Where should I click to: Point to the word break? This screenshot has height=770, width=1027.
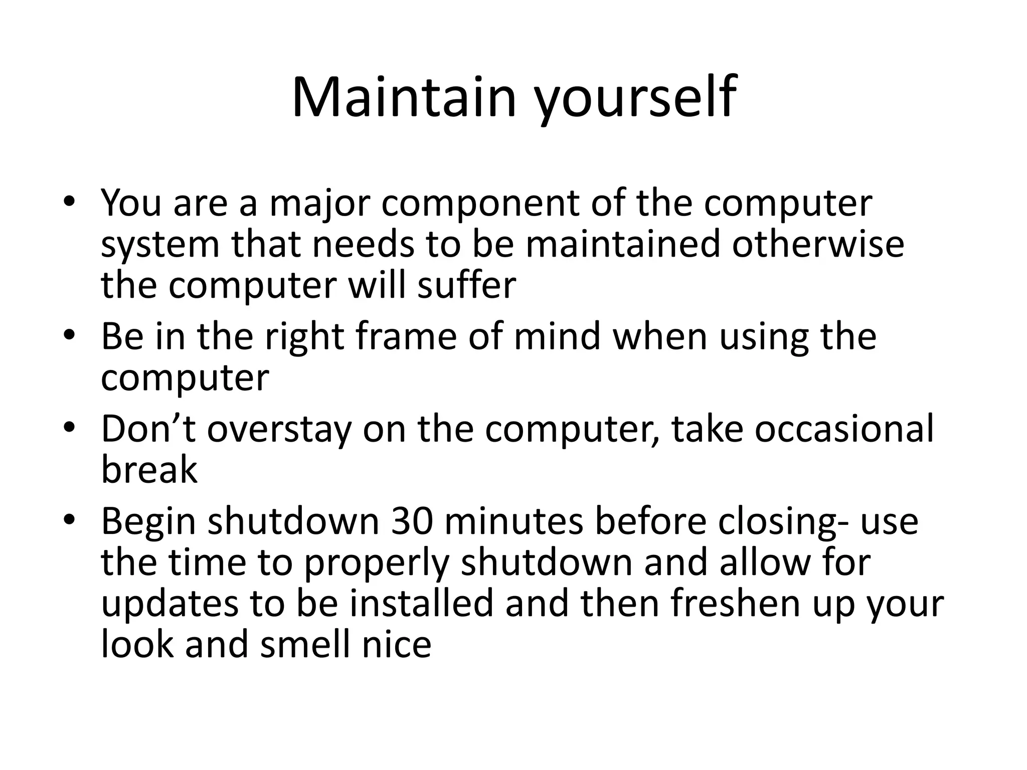149,470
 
